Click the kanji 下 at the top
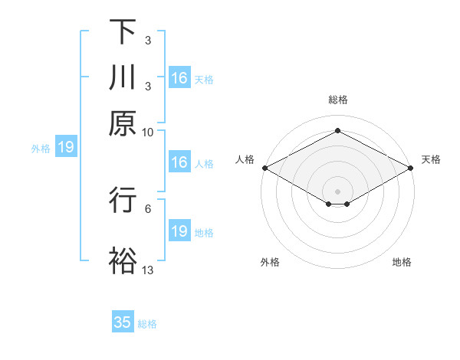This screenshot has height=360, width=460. point(123,32)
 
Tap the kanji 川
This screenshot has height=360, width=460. point(123,77)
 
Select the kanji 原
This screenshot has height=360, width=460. point(123,123)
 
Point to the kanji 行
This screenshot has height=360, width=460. point(123,200)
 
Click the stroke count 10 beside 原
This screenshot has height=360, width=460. point(148,131)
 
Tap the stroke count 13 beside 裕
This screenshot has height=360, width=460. point(148,269)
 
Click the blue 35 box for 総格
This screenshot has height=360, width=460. point(123,322)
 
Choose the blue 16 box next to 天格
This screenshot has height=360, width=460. point(179,78)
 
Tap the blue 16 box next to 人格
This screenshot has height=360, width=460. point(179,162)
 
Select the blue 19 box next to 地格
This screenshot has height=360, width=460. point(179,231)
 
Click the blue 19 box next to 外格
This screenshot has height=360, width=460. point(65,147)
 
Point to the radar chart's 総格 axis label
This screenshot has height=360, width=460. point(338,100)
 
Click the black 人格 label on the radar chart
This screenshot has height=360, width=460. point(245,159)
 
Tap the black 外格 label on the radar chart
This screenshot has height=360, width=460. point(270,263)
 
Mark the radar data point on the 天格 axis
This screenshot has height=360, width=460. point(412,168)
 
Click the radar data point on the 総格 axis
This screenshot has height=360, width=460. point(338,131)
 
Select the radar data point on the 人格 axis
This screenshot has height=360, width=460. point(264,168)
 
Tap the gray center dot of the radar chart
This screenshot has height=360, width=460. point(338,191)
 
